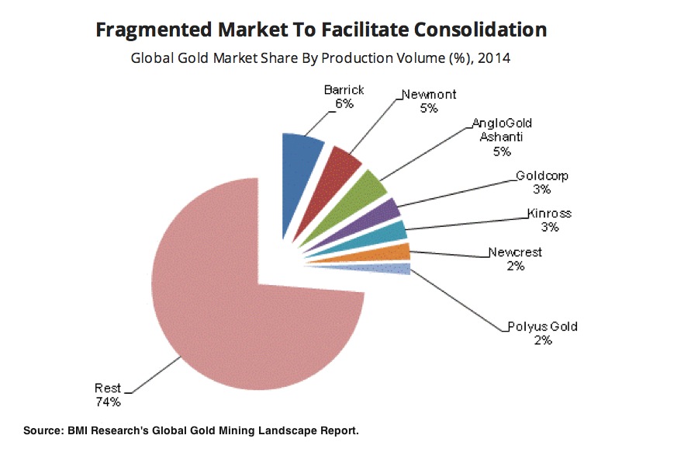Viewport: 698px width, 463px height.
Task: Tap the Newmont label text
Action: click(429, 95)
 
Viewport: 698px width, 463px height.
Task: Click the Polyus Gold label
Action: click(542, 327)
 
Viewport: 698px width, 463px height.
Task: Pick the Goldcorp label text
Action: click(542, 176)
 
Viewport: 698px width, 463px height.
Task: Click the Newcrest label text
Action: click(515, 252)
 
